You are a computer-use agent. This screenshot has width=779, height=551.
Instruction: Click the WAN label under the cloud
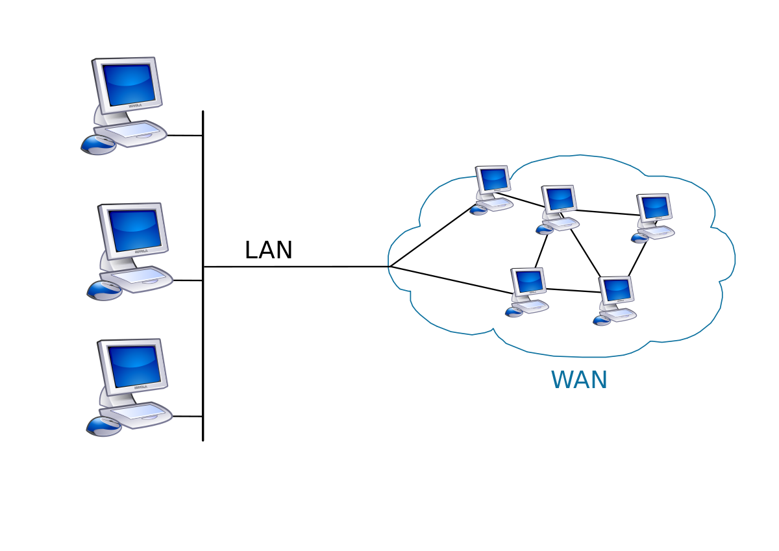point(579,380)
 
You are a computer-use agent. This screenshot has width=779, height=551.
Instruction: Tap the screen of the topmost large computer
point(129,84)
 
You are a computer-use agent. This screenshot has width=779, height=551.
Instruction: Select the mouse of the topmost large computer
point(99,145)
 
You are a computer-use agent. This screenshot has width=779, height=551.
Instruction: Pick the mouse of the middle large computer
point(105,290)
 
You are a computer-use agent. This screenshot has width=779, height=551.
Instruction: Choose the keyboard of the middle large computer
point(139,278)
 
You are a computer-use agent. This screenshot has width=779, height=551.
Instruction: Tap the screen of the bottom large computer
point(134,366)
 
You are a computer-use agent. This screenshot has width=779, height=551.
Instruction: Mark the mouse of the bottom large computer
point(104,426)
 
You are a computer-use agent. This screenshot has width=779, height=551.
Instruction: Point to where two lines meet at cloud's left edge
point(389,266)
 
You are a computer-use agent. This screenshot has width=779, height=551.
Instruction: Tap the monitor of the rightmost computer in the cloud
point(654,208)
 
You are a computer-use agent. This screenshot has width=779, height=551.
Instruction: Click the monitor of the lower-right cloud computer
point(616,290)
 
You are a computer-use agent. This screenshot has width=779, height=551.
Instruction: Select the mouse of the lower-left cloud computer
point(514,312)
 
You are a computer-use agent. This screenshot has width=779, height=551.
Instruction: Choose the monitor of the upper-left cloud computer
point(493,179)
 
